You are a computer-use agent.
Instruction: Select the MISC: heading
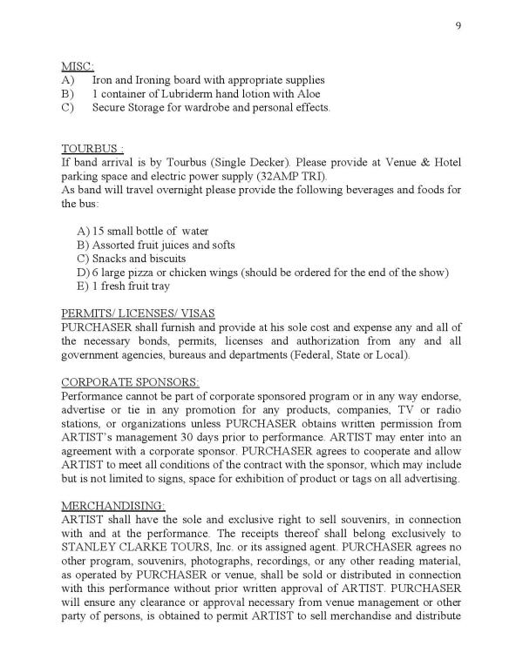click(77, 67)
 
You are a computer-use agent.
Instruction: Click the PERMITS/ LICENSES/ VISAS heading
click(138, 313)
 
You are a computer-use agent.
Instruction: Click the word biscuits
click(166, 259)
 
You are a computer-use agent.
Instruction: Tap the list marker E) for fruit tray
click(84, 286)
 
